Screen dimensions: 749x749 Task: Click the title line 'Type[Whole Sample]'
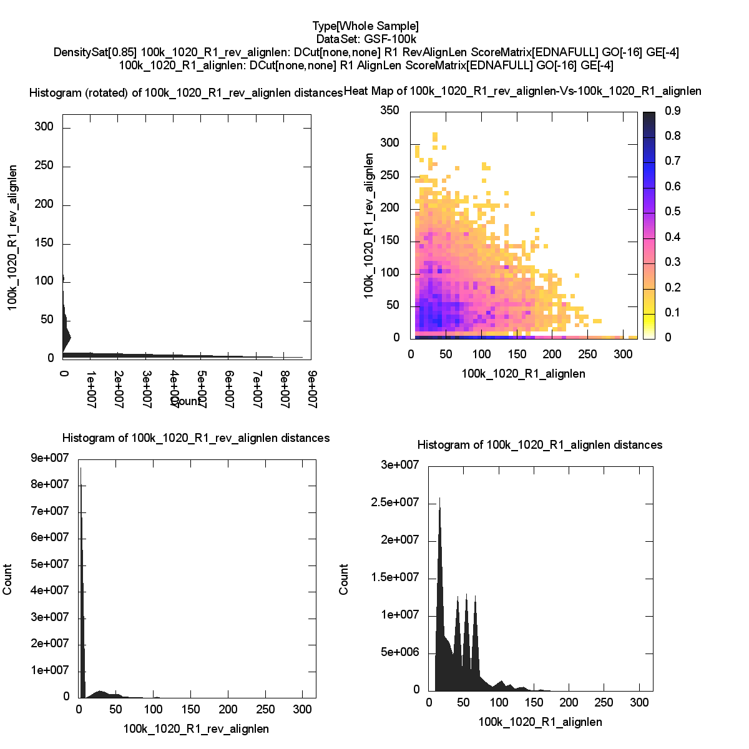click(366, 26)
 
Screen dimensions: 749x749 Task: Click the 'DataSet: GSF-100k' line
click(366, 39)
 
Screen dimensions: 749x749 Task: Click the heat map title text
click(522, 91)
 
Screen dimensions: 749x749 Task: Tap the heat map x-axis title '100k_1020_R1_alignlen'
click(523, 374)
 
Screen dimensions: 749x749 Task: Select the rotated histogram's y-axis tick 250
click(44, 166)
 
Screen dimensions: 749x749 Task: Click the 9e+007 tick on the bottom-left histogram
click(51, 458)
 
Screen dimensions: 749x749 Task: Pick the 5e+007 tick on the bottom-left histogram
click(51, 564)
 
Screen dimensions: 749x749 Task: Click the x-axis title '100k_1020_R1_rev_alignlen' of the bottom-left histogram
click(196, 728)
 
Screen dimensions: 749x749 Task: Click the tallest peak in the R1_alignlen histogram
click(439, 499)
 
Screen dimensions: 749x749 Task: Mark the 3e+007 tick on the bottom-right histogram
click(400, 465)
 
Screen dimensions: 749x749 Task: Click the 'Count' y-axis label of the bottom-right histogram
click(344, 579)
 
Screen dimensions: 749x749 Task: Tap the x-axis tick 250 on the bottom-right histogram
click(604, 703)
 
